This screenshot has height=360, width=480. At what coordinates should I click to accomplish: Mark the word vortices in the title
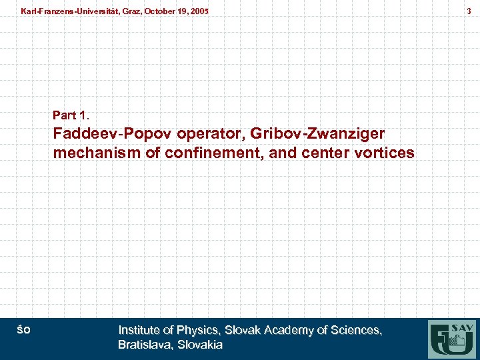(x=386, y=153)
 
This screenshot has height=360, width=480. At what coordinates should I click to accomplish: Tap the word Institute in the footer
(x=138, y=330)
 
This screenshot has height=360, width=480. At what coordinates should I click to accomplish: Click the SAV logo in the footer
(x=453, y=338)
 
